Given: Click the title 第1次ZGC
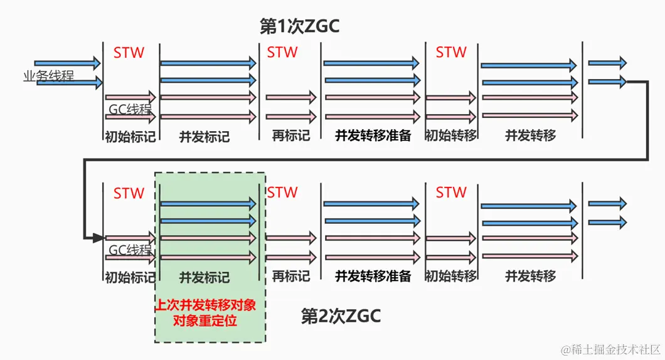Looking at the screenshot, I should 299,26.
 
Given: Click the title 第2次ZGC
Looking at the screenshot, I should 341,316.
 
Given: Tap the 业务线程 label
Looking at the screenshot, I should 48,76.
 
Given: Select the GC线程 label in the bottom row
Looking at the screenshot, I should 130,250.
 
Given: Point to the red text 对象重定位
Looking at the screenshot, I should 210,320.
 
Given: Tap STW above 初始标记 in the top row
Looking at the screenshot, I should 129,53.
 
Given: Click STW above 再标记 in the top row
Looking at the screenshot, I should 282,53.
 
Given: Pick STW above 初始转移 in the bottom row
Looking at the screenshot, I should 451,193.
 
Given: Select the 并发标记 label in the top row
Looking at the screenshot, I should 205,136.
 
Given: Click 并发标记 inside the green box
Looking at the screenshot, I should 205,277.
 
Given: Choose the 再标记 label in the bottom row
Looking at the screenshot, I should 290,276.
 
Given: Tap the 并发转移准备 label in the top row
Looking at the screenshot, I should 373,135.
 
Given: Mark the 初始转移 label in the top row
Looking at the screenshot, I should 450,135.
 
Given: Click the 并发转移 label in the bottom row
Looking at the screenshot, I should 530,276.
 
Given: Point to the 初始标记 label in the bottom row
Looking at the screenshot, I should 129,277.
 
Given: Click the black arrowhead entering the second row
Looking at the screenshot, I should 97,238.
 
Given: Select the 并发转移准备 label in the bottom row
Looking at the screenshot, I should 373,276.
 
